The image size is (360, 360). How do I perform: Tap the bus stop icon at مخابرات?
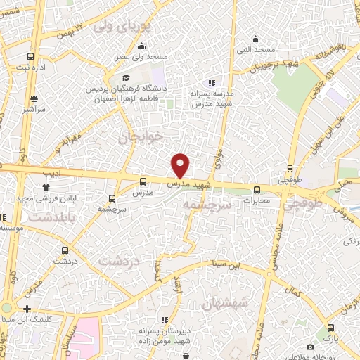[x=256, y=189]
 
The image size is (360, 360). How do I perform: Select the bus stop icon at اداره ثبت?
[x=30, y=56]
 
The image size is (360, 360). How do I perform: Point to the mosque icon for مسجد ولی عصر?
[x=153, y=44]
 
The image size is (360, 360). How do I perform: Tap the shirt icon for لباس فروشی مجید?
[x=46, y=188]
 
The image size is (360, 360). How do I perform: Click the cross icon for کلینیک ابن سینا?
[x=27, y=309]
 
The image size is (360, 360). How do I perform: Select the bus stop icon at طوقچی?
[x=290, y=168]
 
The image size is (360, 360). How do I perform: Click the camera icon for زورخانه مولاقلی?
[x=310, y=347]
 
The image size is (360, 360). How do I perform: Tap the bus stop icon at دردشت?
[x=65, y=250]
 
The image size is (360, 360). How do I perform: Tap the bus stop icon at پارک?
[x=330, y=328]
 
